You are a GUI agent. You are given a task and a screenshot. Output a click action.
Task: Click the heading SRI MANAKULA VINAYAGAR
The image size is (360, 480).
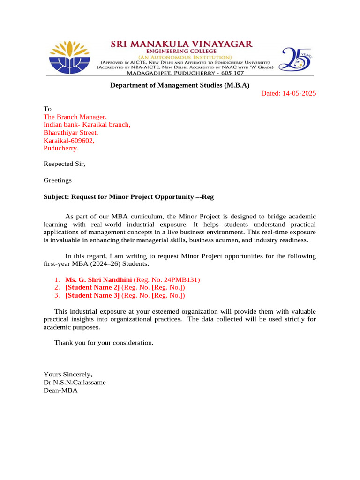182,44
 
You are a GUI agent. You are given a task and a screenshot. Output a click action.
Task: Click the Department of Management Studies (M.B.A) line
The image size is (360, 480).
180,85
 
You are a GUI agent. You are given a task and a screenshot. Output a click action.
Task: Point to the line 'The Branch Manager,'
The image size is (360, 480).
75,117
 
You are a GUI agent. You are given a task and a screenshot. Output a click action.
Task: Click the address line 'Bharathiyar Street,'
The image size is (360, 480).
71,133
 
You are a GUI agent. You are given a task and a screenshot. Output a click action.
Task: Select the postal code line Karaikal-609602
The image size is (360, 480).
69,141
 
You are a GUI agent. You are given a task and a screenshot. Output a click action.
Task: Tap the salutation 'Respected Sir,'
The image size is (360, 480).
65,164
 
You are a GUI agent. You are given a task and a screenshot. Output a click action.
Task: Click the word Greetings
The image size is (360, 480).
58,180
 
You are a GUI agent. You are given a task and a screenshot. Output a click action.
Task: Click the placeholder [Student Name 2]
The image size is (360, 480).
92,287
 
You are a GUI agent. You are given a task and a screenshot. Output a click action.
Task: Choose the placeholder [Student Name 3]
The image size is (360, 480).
92,295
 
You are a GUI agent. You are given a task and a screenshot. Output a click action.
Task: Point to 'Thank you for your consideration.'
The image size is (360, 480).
104,343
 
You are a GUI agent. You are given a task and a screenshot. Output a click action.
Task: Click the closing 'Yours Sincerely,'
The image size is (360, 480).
68,374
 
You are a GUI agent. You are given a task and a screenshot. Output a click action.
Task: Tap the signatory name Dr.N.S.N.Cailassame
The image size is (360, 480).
75,382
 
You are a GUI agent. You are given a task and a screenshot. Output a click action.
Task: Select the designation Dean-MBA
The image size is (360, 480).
60,390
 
